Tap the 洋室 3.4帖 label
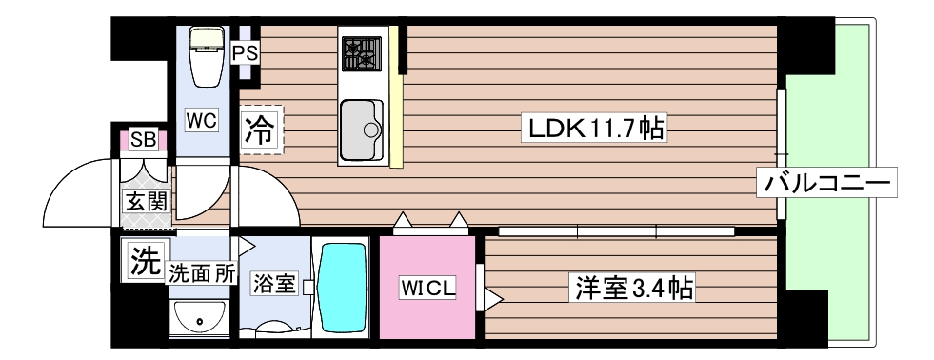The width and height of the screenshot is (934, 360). pos(631,286)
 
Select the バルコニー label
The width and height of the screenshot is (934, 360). pos(826,182)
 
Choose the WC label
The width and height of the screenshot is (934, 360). pos(202,120)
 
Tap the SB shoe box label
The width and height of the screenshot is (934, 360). pos(144,140)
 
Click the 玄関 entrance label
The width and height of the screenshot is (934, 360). pos(145,201)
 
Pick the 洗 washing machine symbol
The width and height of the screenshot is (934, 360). pos(143,260)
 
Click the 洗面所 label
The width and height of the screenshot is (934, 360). pos(201,273)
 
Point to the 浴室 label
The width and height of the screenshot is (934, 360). pos(274,284)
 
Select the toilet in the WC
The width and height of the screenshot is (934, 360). pos(204,57)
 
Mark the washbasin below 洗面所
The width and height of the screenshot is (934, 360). pos(198,317)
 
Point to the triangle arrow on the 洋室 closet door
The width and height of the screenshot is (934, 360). pos(492,298)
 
